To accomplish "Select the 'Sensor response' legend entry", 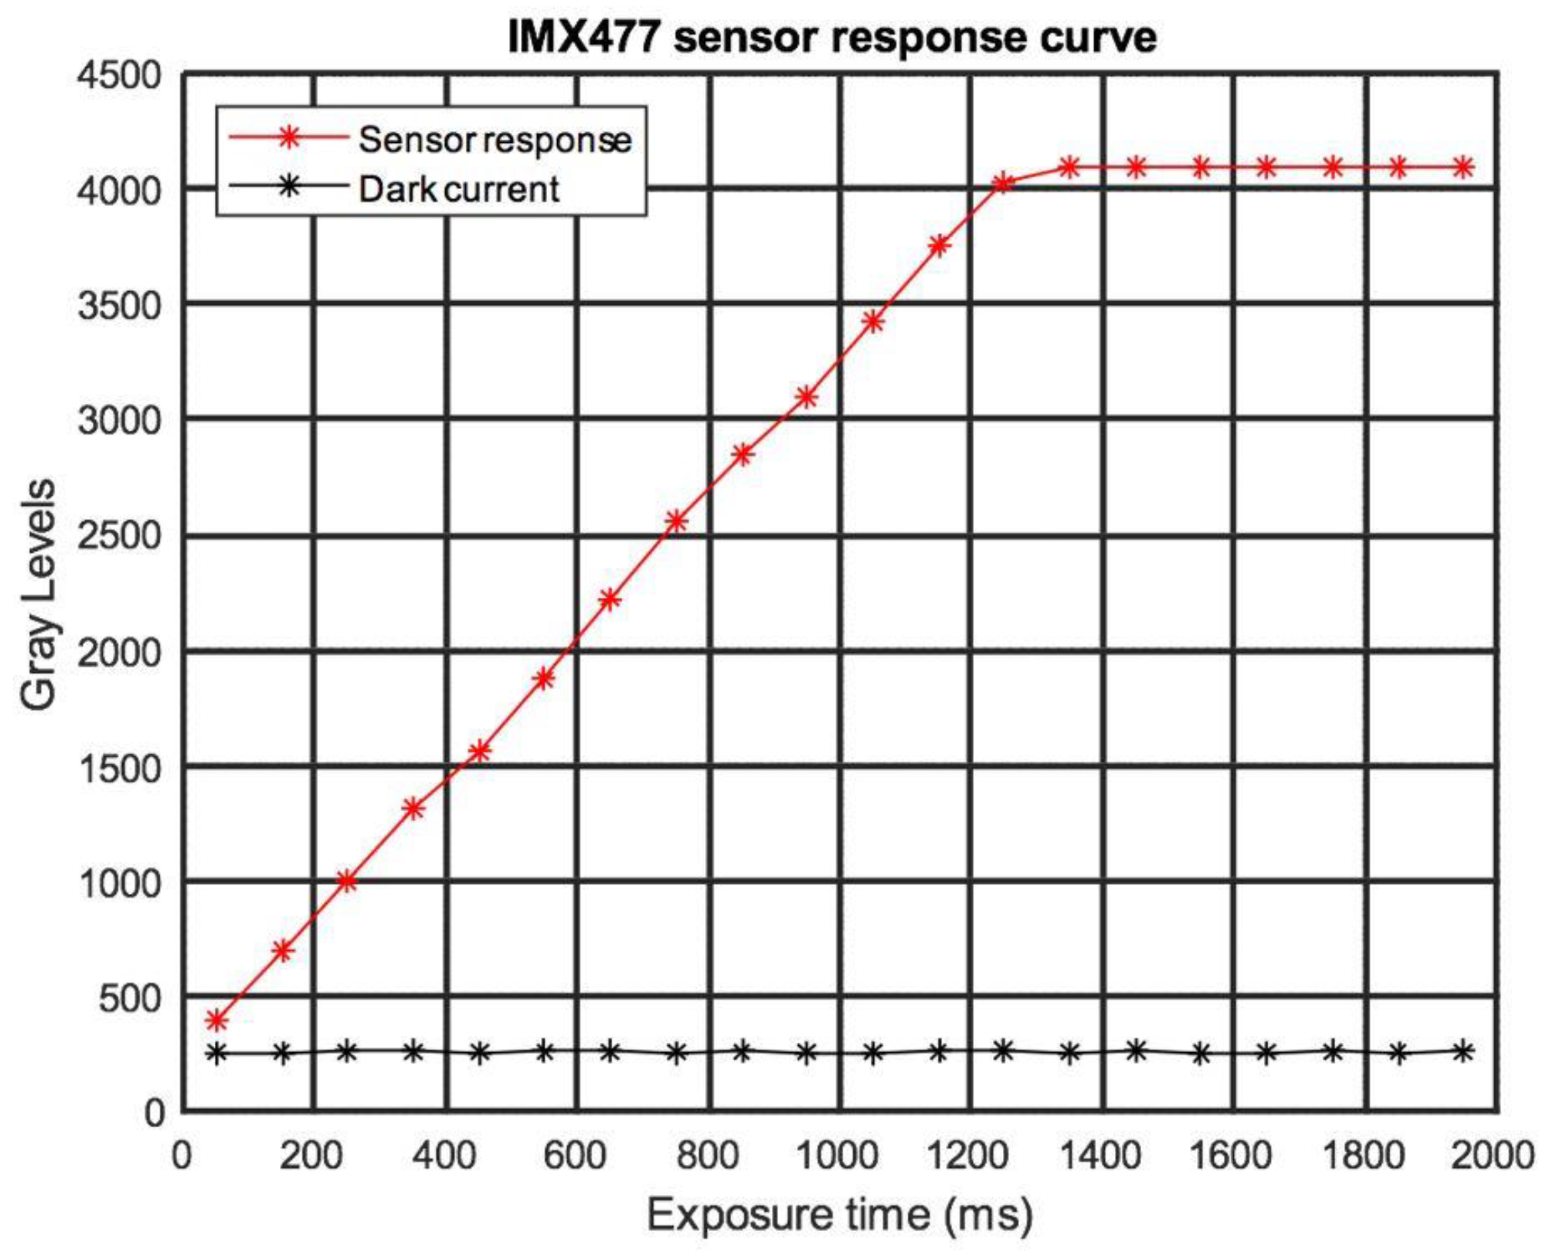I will [x=494, y=139].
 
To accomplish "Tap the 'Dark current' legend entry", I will [x=458, y=189].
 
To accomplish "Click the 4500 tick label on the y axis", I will [x=119, y=75].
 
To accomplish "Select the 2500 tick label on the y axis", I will [x=119, y=536].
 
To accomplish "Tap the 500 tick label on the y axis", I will [x=130, y=998].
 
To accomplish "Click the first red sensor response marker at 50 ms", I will [x=216, y=1020].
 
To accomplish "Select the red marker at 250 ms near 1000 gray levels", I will [x=348, y=880].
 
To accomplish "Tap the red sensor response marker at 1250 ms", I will [x=1003, y=183].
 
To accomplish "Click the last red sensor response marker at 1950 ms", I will [x=1463, y=167].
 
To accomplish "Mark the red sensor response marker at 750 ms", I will [x=676, y=521].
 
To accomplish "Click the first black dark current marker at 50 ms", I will [x=216, y=1053].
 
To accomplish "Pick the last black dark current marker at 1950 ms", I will [x=1463, y=1051].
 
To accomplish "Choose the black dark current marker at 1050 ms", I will [x=873, y=1053].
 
